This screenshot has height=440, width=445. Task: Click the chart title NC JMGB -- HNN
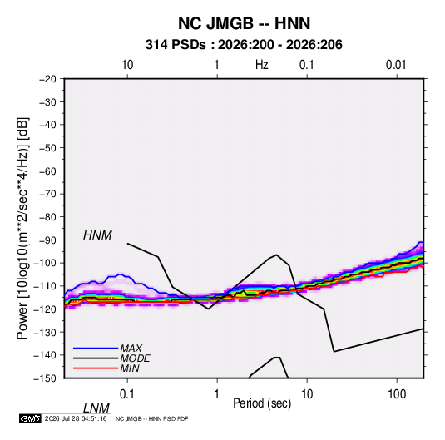pyautogui.click(x=244, y=23)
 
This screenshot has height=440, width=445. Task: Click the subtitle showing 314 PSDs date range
pyautogui.click(x=244, y=45)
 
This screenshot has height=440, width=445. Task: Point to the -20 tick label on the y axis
pyautogui.click(x=47, y=79)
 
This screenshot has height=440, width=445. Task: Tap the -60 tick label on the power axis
pyautogui.click(x=47, y=171)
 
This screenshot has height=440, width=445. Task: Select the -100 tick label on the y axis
pyautogui.click(x=45, y=263)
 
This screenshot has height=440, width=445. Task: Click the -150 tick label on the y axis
pyautogui.click(x=45, y=378)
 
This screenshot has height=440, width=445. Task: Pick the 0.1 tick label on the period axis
pyautogui.click(x=126, y=394)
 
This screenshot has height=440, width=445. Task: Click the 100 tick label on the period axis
pyautogui.click(x=397, y=394)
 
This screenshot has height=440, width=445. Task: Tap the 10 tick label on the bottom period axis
pyautogui.click(x=307, y=394)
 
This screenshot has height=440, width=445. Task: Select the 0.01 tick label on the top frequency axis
pyautogui.click(x=396, y=65)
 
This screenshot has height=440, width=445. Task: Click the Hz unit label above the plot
pyautogui.click(x=262, y=65)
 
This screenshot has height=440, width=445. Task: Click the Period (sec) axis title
pyautogui.click(x=262, y=403)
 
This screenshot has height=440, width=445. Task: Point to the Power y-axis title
pyautogui.click(x=22, y=228)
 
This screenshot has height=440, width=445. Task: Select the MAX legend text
pyautogui.click(x=131, y=349)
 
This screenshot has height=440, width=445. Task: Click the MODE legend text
pyautogui.click(x=135, y=358)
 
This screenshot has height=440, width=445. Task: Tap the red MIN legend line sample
pyautogui.click(x=96, y=368)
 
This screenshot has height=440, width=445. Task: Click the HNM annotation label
pyautogui.click(x=97, y=235)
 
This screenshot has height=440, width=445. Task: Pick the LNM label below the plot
pyautogui.click(x=96, y=408)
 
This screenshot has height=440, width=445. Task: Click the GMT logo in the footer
pyautogui.click(x=31, y=418)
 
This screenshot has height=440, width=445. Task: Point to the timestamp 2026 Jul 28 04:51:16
pyautogui.click(x=76, y=418)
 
